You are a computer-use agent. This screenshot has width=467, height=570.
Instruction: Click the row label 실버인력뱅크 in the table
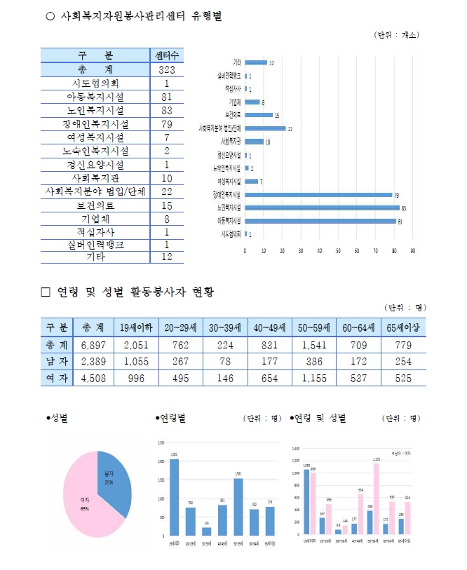(95, 244)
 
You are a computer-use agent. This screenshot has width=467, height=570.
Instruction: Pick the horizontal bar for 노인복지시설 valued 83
(322, 208)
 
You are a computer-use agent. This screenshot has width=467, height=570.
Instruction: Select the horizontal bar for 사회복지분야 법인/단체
(266, 128)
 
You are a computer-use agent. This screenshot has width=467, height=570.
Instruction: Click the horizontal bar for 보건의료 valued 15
(259, 115)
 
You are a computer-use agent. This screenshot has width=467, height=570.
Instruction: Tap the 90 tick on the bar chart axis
(413, 250)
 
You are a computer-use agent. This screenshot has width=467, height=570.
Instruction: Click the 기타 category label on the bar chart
(237, 62)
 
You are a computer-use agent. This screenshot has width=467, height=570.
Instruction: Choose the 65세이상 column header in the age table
(402, 327)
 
